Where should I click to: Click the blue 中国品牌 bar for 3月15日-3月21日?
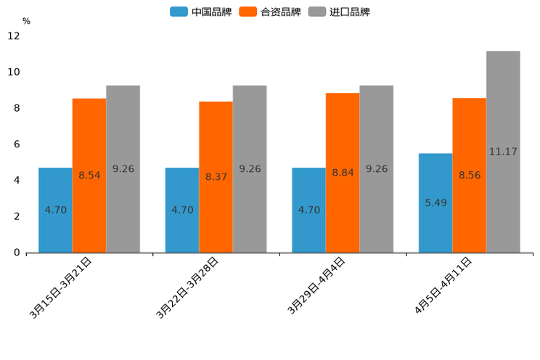[x=55, y=210]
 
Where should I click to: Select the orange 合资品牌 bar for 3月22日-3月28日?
[x=216, y=177]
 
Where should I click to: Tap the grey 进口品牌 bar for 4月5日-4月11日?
[x=503, y=152]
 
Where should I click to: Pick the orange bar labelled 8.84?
[x=343, y=173]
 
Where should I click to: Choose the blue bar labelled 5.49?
[x=435, y=202]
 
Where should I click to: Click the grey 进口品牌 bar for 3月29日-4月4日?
[x=377, y=169]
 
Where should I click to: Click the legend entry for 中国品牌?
[x=200, y=12]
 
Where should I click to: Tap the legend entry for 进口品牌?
[x=339, y=12]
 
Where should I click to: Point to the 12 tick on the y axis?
[x=15, y=36]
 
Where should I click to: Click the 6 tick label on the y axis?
[x=17, y=144]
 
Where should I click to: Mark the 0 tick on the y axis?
[x=17, y=253]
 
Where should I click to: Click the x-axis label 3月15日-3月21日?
[x=61, y=287]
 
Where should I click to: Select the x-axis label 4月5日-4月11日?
[x=442, y=286]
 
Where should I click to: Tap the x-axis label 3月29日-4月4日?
[x=316, y=286]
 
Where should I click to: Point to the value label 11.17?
[x=503, y=152]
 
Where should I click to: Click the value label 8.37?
[x=216, y=176]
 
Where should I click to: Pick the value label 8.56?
[x=470, y=175]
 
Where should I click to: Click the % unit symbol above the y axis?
[x=26, y=21]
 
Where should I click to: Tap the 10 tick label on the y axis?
[x=15, y=72]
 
